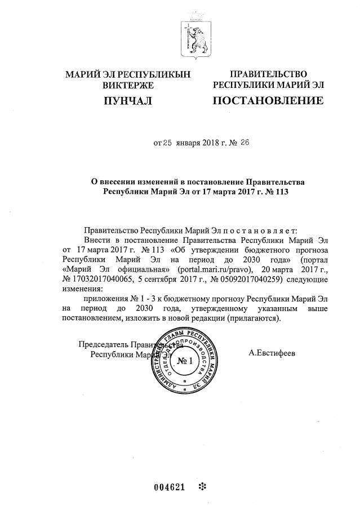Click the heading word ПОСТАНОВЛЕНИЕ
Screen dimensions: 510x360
tap(268, 101)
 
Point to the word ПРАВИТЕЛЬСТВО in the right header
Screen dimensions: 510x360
tap(268, 74)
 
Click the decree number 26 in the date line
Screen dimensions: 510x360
tap(245, 143)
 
